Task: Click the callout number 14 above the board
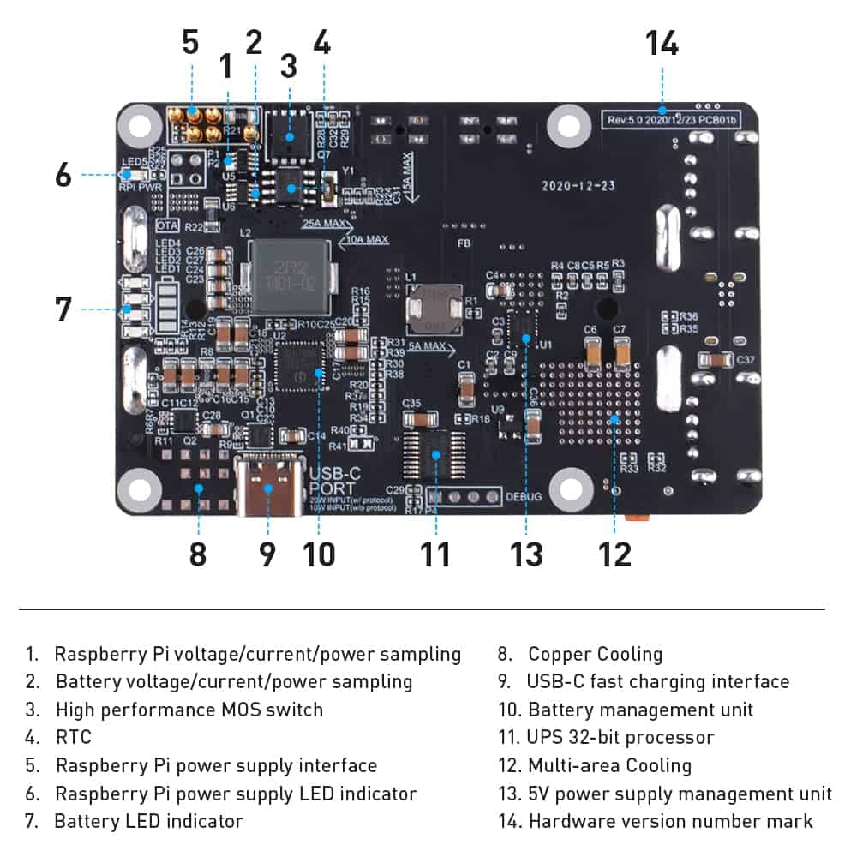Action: click(662, 42)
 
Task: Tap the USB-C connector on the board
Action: click(268, 488)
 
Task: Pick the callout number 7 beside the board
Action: click(63, 309)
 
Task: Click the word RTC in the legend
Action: click(73, 737)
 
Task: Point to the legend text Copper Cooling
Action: click(595, 655)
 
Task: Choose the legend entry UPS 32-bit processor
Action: click(620, 737)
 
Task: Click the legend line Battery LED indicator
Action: click(148, 821)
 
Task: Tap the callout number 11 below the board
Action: click(435, 553)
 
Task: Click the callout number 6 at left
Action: click(63, 175)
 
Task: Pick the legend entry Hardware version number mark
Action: click(669, 821)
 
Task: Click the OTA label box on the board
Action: click(168, 225)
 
